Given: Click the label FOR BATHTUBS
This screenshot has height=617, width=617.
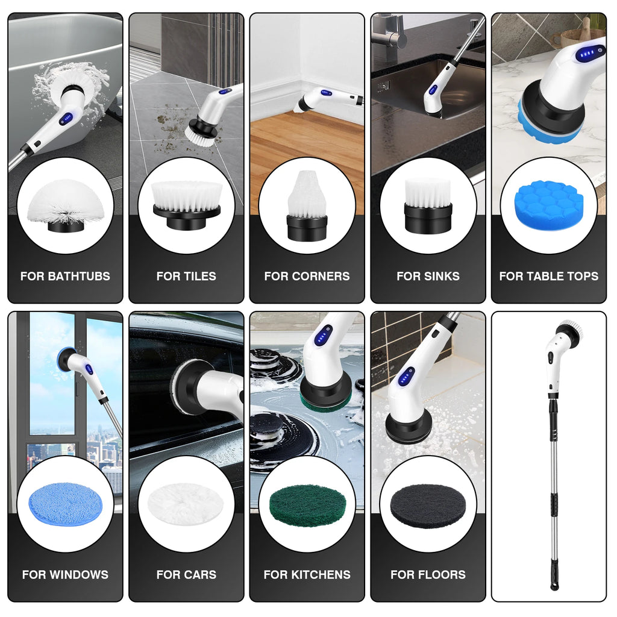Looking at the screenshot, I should (x=65, y=277).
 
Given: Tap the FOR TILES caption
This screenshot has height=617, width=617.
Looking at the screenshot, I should (x=186, y=277).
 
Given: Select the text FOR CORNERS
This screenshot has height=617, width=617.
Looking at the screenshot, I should (x=307, y=277).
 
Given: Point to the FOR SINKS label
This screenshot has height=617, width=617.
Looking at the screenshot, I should (x=428, y=277).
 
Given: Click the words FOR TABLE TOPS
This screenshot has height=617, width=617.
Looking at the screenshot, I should (x=548, y=277).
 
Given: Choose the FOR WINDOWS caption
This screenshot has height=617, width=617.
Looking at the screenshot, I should (x=65, y=575).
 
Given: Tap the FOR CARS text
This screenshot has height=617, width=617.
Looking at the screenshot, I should (x=186, y=575).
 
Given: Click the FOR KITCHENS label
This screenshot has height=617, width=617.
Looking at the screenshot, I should (x=307, y=575).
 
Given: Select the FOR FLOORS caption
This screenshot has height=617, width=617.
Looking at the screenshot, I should (x=428, y=575).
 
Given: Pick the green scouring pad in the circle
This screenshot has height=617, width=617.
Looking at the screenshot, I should (x=307, y=505).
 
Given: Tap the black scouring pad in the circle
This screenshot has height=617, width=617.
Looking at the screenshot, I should (x=428, y=505).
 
